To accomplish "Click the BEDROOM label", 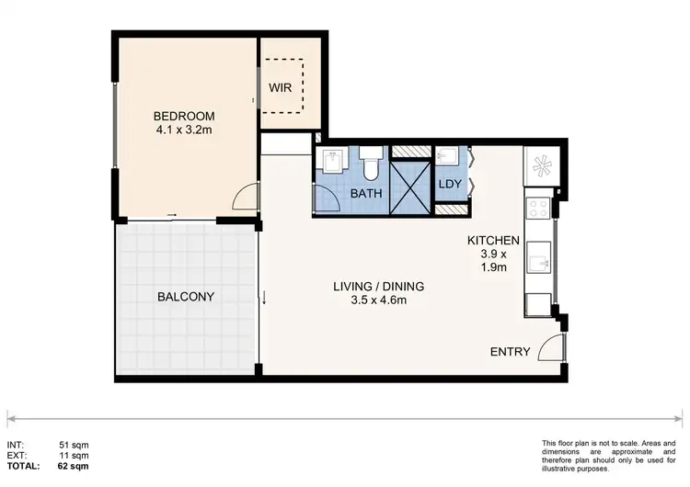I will pos(184,116).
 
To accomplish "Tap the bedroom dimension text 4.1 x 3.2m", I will pos(184,130).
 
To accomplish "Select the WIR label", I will pos(280,88).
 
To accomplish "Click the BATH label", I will pos(366,194).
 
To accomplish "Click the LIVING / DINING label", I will pos(378,286).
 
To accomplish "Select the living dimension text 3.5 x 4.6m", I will pos(378,300).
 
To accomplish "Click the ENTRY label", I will pos(510,352).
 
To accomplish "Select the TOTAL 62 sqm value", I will pos(77,467).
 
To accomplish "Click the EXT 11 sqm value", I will pos(80,456).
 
